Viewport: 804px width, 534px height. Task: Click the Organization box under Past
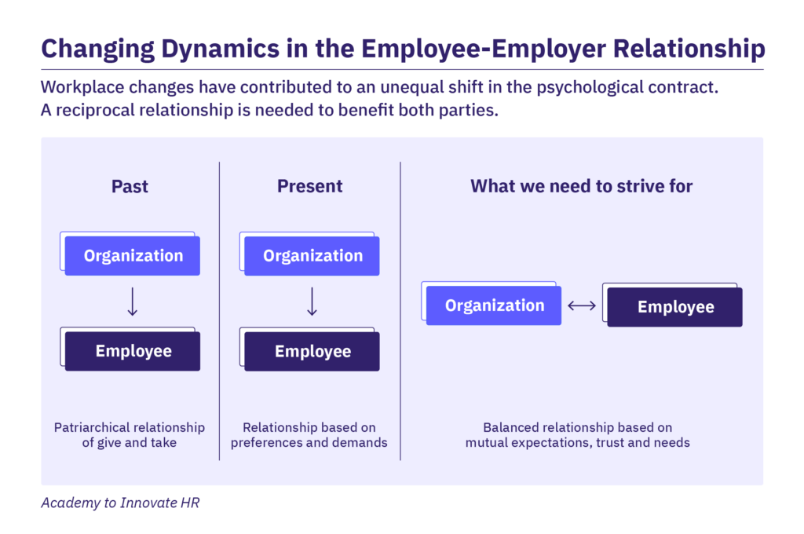[x=133, y=256]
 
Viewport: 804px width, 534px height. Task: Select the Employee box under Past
[x=133, y=351]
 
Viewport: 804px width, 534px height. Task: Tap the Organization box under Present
[x=312, y=256]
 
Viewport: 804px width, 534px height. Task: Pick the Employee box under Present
[x=312, y=352]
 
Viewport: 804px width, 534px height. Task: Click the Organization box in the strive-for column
[x=495, y=305]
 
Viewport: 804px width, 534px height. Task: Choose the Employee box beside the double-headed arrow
[x=675, y=307]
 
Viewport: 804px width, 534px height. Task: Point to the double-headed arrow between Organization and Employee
[x=582, y=306]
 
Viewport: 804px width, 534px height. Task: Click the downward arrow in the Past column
[x=133, y=302]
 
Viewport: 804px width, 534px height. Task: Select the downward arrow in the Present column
[x=312, y=302]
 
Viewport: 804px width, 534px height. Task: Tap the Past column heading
[x=130, y=186]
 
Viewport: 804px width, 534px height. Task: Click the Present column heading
[x=309, y=186]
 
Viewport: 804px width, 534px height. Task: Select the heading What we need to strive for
[x=581, y=186]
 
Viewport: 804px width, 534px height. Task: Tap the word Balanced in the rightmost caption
[x=510, y=428]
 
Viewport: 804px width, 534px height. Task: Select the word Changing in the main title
[x=89, y=49]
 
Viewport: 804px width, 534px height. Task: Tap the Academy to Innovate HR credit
[x=120, y=503]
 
